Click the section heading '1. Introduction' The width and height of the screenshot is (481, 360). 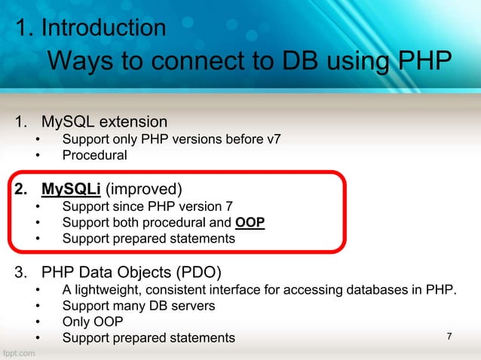click(91, 29)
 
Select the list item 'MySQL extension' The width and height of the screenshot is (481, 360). click(104, 121)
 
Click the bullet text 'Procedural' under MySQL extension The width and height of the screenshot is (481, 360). click(94, 156)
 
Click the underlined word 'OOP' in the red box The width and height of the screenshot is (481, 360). click(250, 223)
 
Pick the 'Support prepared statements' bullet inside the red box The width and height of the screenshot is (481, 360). click(148, 239)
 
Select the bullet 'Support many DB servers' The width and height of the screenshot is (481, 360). click(139, 307)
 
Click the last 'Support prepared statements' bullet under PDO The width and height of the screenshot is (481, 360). click(148, 338)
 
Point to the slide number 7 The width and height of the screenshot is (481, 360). click(449, 336)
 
